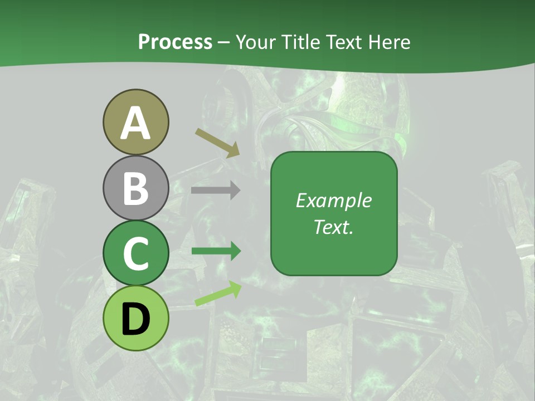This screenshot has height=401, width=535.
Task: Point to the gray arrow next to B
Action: pos(216,190)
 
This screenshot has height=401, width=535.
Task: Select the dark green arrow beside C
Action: pos(216,251)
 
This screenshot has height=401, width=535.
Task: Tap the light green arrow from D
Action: pos(217,294)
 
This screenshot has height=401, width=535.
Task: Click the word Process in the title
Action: pos(175,42)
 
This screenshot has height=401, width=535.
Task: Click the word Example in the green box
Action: pos(333,200)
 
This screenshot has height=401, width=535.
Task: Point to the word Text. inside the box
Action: pos(333,227)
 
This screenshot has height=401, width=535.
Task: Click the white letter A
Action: pos(135,123)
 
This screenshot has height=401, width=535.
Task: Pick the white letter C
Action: pos(135,254)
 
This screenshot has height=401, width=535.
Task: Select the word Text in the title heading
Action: pos(341,42)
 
